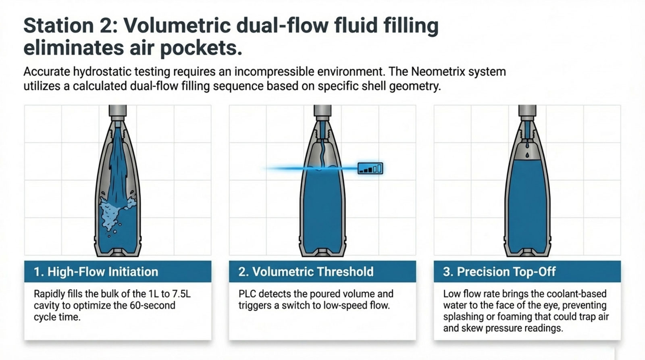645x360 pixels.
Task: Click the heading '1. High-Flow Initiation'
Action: (96, 272)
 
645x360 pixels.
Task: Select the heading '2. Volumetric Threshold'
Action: (306, 272)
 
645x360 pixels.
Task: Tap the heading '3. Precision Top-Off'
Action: (499, 272)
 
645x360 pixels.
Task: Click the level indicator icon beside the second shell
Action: (370, 168)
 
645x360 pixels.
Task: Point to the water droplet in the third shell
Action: (527, 155)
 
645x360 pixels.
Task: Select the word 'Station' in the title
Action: (58, 26)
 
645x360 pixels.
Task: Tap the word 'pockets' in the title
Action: (200, 48)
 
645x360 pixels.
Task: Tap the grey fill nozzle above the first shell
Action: (117, 112)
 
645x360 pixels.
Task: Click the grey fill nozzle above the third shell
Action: (527, 112)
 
